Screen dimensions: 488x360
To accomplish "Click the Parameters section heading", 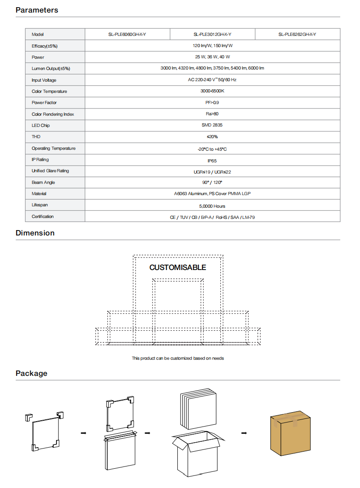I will pos(37,10).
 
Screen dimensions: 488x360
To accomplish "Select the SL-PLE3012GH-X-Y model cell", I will pos(212,35).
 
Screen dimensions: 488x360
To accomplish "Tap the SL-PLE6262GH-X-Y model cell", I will pos(297,35).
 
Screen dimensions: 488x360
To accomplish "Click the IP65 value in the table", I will pos(212,160).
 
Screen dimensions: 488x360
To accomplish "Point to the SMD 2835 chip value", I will pos(212,126).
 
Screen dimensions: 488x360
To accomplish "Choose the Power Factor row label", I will pos(44,103).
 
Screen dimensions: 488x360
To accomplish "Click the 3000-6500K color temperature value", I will pos(212,91).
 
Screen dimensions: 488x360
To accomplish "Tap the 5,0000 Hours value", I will pos(212,206).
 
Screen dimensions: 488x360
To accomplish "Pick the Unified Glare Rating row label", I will pos(50,171).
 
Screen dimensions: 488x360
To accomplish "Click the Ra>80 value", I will pos(212,114).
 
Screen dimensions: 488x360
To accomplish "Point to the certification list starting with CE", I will pos(212,217).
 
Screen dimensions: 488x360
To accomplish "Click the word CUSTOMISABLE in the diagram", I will pos(178,267).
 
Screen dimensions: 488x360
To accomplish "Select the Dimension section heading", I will pos(35,233).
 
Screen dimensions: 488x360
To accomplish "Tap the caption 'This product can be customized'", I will pos(178,358).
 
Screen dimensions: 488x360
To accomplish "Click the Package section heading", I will pos(31,373).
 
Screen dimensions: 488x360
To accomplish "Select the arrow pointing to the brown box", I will pos(244,433).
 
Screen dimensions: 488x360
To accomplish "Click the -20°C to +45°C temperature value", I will pos(212,149).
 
